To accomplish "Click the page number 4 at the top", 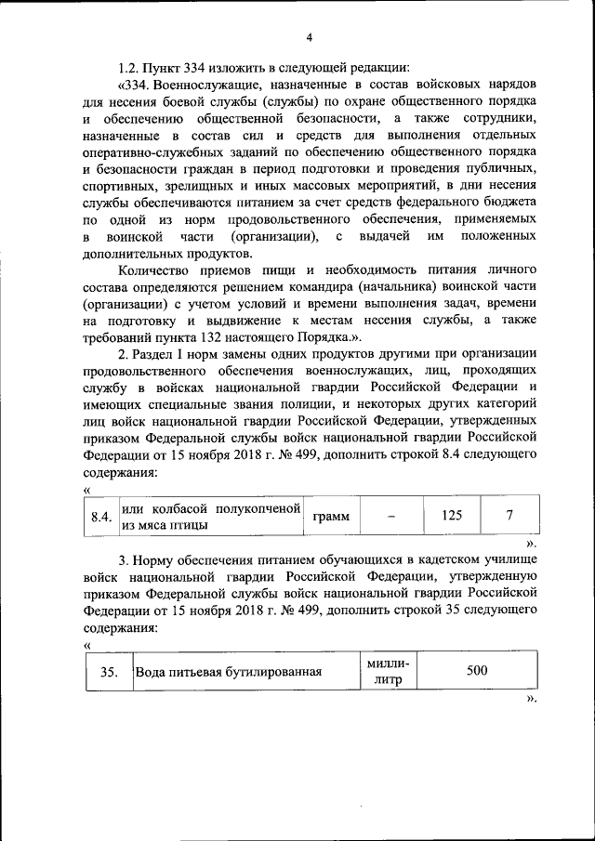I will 311,36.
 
